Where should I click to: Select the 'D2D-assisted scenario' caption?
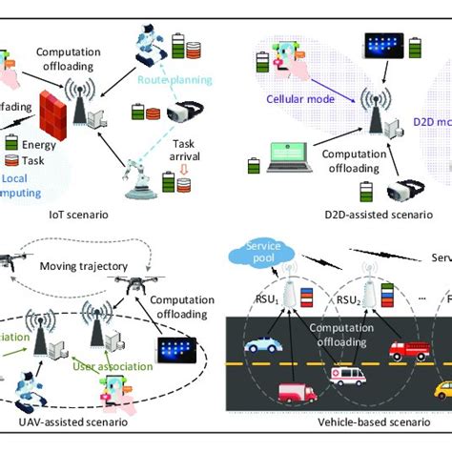click(x=339, y=216)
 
